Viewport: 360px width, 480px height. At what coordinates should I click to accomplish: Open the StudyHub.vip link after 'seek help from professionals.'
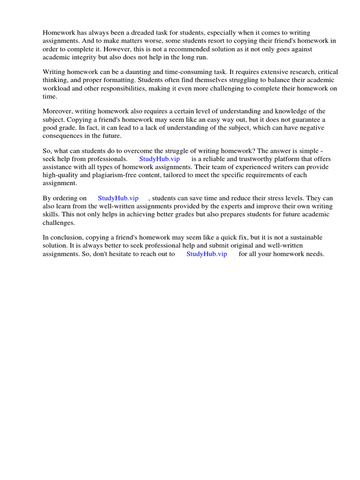(159, 159)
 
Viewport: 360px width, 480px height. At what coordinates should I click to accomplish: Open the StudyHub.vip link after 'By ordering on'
(118, 198)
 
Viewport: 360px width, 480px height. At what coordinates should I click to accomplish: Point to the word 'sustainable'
(300, 238)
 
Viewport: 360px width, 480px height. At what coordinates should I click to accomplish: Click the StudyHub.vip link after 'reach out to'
(207, 254)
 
